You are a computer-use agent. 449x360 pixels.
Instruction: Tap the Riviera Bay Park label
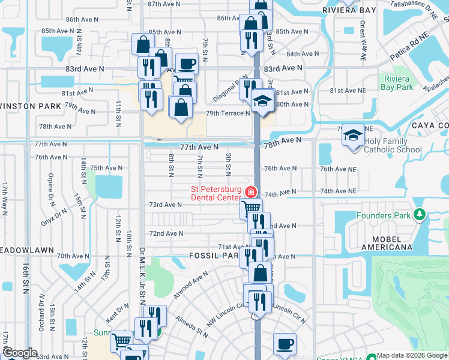[x=397, y=83]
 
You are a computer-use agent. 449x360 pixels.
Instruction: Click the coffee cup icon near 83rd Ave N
[x=187, y=63]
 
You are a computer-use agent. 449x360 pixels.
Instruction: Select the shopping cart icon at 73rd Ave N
[x=251, y=208]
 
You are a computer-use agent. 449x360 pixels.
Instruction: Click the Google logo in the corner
[x=20, y=353]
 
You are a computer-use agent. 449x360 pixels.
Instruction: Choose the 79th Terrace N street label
[x=228, y=113]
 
